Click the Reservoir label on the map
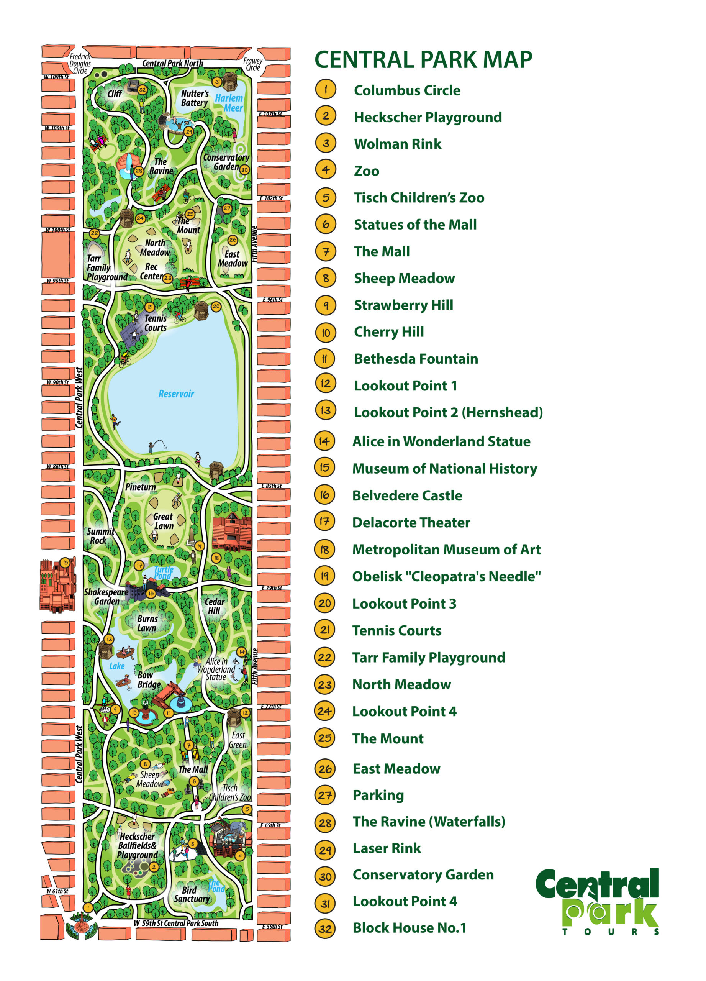point(176,394)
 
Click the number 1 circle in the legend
point(326,90)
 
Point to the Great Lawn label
point(164,521)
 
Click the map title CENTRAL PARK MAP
point(423,60)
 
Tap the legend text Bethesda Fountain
point(416,359)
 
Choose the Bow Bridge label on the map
point(148,679)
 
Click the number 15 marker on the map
point(65,562)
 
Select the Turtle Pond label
point(164,573)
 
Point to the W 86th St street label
point(57,466)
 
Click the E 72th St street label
point(271,706)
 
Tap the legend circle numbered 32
point(325,928)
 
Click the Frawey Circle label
point(253,64)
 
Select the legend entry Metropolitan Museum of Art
point(446,550)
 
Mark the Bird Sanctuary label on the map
point(192,894)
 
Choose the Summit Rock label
point(100,536)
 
